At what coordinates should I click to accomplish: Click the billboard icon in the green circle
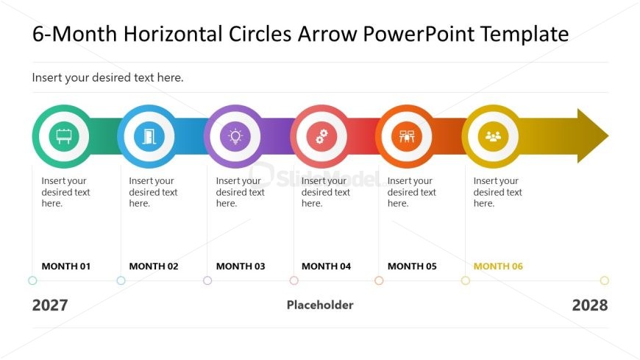click(64, 137)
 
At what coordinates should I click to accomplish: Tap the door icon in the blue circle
click(149, 137)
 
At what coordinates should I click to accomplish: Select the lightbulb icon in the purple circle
click(235, 137)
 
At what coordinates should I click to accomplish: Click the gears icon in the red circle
click(321, 137)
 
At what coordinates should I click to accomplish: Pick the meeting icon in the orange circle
click(406, 137)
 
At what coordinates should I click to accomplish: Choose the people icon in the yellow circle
click(493, 137)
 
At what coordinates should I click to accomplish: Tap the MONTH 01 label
click(66, 267)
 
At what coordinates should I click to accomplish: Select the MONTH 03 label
click(241, 267)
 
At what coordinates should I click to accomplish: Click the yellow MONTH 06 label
click(498, 267)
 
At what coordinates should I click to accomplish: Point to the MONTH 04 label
click(326, 267)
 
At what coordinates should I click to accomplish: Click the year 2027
click(50, 306)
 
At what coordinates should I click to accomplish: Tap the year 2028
click(590, 306)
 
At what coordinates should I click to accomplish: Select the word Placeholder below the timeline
click(320, 305)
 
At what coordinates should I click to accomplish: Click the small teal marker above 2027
click(32, 280)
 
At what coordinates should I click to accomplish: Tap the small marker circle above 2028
click(605, 280)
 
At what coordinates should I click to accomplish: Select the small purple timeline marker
click(207, 280)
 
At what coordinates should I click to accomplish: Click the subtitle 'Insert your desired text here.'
click(107, 77)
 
